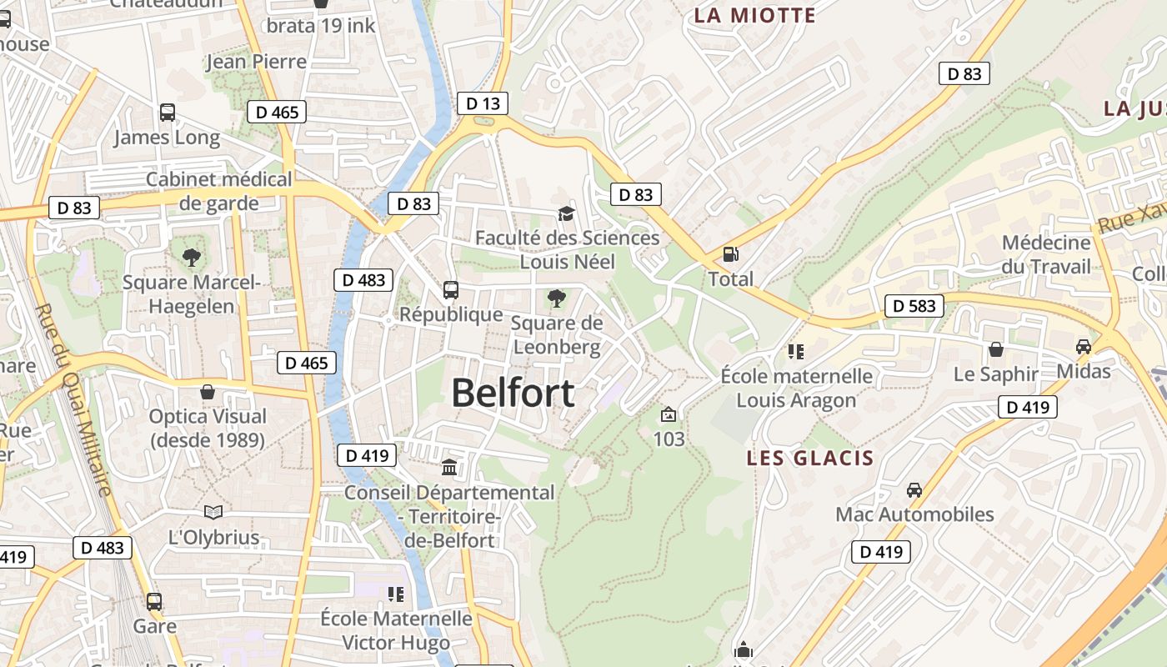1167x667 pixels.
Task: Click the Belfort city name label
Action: pos(513,393)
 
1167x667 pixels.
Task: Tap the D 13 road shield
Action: pos(483,103)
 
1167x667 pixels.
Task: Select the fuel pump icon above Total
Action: pos(730,254)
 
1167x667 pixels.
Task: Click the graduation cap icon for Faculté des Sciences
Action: pos(566,213)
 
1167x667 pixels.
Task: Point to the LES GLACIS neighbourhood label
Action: pos(810,458)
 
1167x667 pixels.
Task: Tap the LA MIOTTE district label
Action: pos(754,15)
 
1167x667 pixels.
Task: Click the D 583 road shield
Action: pos(914,306)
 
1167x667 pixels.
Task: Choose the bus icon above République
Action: pos(451,290)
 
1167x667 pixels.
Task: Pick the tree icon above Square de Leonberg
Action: pos(555,298)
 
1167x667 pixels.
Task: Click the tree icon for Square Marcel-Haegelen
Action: pos(192,257)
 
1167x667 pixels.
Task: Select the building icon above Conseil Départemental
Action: pos(449,467)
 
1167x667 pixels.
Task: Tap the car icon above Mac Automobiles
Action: pos(914,489)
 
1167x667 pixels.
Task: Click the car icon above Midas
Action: pos(1083,346)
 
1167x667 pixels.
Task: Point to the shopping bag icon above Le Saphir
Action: pos(995,349)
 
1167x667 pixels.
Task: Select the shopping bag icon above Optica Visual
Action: pos(207,391)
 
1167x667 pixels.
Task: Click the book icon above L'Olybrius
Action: pos(213,512)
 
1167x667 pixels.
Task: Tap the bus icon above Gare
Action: pos(154,601)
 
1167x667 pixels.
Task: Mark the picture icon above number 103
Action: pos(668,414)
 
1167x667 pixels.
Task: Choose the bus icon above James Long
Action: pos(167,112)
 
